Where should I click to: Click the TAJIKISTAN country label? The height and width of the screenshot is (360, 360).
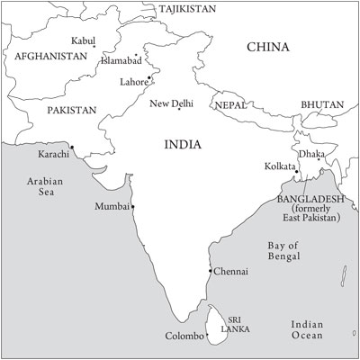(x=187, y=8)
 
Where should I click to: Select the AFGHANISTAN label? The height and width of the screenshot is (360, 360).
(x=51, y=56)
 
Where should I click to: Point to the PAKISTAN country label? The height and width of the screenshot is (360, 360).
(x=71, y=110)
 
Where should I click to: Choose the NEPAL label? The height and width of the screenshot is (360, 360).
(x=231, y=105)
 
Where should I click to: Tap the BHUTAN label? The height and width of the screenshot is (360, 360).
(x=322, y=104)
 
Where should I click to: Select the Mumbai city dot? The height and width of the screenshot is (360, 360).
(x=133, y=207)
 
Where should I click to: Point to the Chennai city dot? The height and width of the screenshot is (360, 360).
(x=210, y=271)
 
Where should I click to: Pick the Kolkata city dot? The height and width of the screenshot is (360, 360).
(x=297, y=172)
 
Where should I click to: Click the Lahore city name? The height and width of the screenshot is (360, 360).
(x=133, y=82)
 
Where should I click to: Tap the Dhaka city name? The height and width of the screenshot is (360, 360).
(x=311, y=153)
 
